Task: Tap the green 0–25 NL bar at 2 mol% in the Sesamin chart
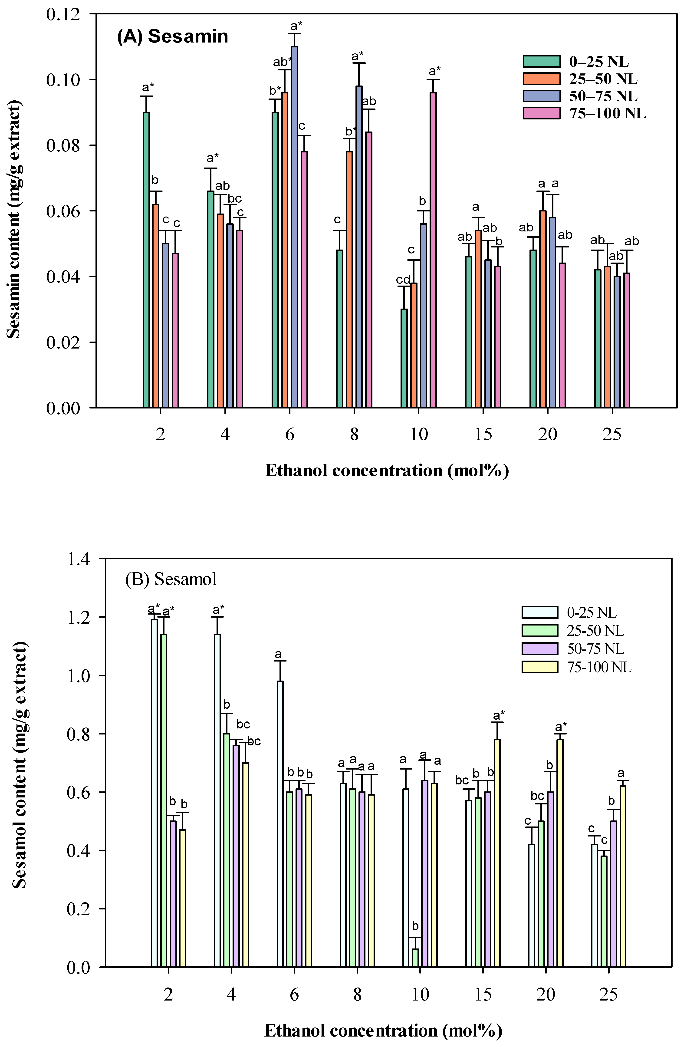click(x=146, y=260)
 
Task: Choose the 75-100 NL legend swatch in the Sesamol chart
click(x=540, y=667)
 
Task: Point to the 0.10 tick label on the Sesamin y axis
click(x=63, y=80)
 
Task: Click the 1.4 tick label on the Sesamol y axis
click(x=78, y=559)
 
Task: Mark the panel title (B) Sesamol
click(x=171, y=579)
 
